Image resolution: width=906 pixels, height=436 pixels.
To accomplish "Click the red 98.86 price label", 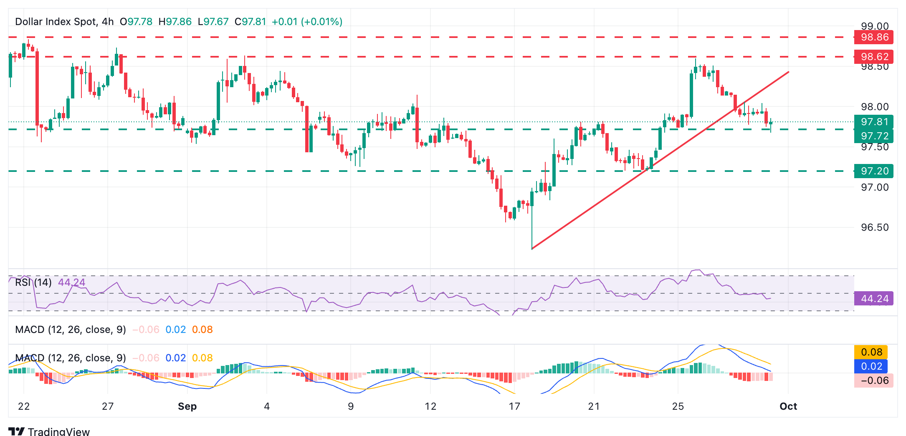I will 874,37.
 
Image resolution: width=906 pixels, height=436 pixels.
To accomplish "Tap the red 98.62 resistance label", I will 874,57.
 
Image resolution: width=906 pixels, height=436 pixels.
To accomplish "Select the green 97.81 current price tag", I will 874,122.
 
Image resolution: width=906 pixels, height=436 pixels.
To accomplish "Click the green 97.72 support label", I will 874,136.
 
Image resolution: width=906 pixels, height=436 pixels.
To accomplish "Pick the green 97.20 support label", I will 874,171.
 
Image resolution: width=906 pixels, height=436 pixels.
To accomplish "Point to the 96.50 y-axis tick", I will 875,227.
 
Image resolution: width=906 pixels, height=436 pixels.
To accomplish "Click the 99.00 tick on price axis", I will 875,26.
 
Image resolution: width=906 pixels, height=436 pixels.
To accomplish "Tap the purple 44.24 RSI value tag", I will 874,299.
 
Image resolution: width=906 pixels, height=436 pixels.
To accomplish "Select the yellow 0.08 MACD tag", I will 871,352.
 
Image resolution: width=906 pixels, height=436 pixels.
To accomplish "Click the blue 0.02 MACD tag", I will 871,366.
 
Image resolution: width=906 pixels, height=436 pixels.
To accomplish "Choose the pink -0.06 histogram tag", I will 873,381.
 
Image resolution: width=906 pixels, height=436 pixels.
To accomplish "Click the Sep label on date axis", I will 187,406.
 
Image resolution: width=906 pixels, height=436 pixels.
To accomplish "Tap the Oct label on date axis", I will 788,406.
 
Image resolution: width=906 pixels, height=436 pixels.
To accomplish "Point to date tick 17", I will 514,406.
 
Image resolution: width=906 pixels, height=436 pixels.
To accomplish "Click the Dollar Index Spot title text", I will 56,22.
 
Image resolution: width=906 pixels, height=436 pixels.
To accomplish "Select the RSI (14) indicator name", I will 33,282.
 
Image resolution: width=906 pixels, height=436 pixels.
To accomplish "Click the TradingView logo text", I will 58,431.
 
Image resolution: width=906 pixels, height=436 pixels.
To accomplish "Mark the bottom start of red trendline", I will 532,249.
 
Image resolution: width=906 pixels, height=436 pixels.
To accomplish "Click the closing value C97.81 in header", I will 250,22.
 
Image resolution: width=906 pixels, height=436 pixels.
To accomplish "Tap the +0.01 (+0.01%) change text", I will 307,22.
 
